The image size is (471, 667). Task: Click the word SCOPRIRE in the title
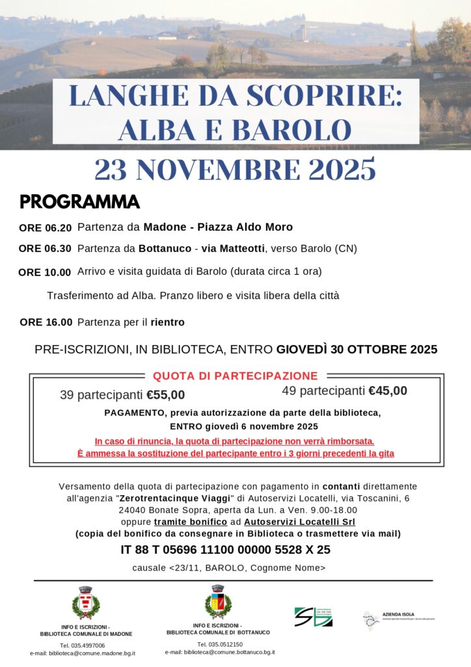click(315, 96)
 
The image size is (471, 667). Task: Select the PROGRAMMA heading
click(80, 202)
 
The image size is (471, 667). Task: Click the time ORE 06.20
click(45, 228)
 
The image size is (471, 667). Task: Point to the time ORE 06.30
click(45, 249)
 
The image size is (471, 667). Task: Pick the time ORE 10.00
click(45, 272)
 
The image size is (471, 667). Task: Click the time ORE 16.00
click(46, 322)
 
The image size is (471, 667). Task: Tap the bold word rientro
click(167, 322)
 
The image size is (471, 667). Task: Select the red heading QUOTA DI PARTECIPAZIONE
click(235, 376)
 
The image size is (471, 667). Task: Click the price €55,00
click(165, 395)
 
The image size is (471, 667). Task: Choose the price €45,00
click(388, 391)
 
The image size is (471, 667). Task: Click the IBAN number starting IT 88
click(225, 549)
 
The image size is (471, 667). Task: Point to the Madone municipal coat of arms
click(85, 603)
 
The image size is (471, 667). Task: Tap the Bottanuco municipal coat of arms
click(217, 601)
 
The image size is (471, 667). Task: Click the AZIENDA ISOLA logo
click(398, 617)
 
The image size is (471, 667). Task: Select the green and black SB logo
click(313, 616)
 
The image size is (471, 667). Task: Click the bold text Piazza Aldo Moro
click(245, 227)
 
